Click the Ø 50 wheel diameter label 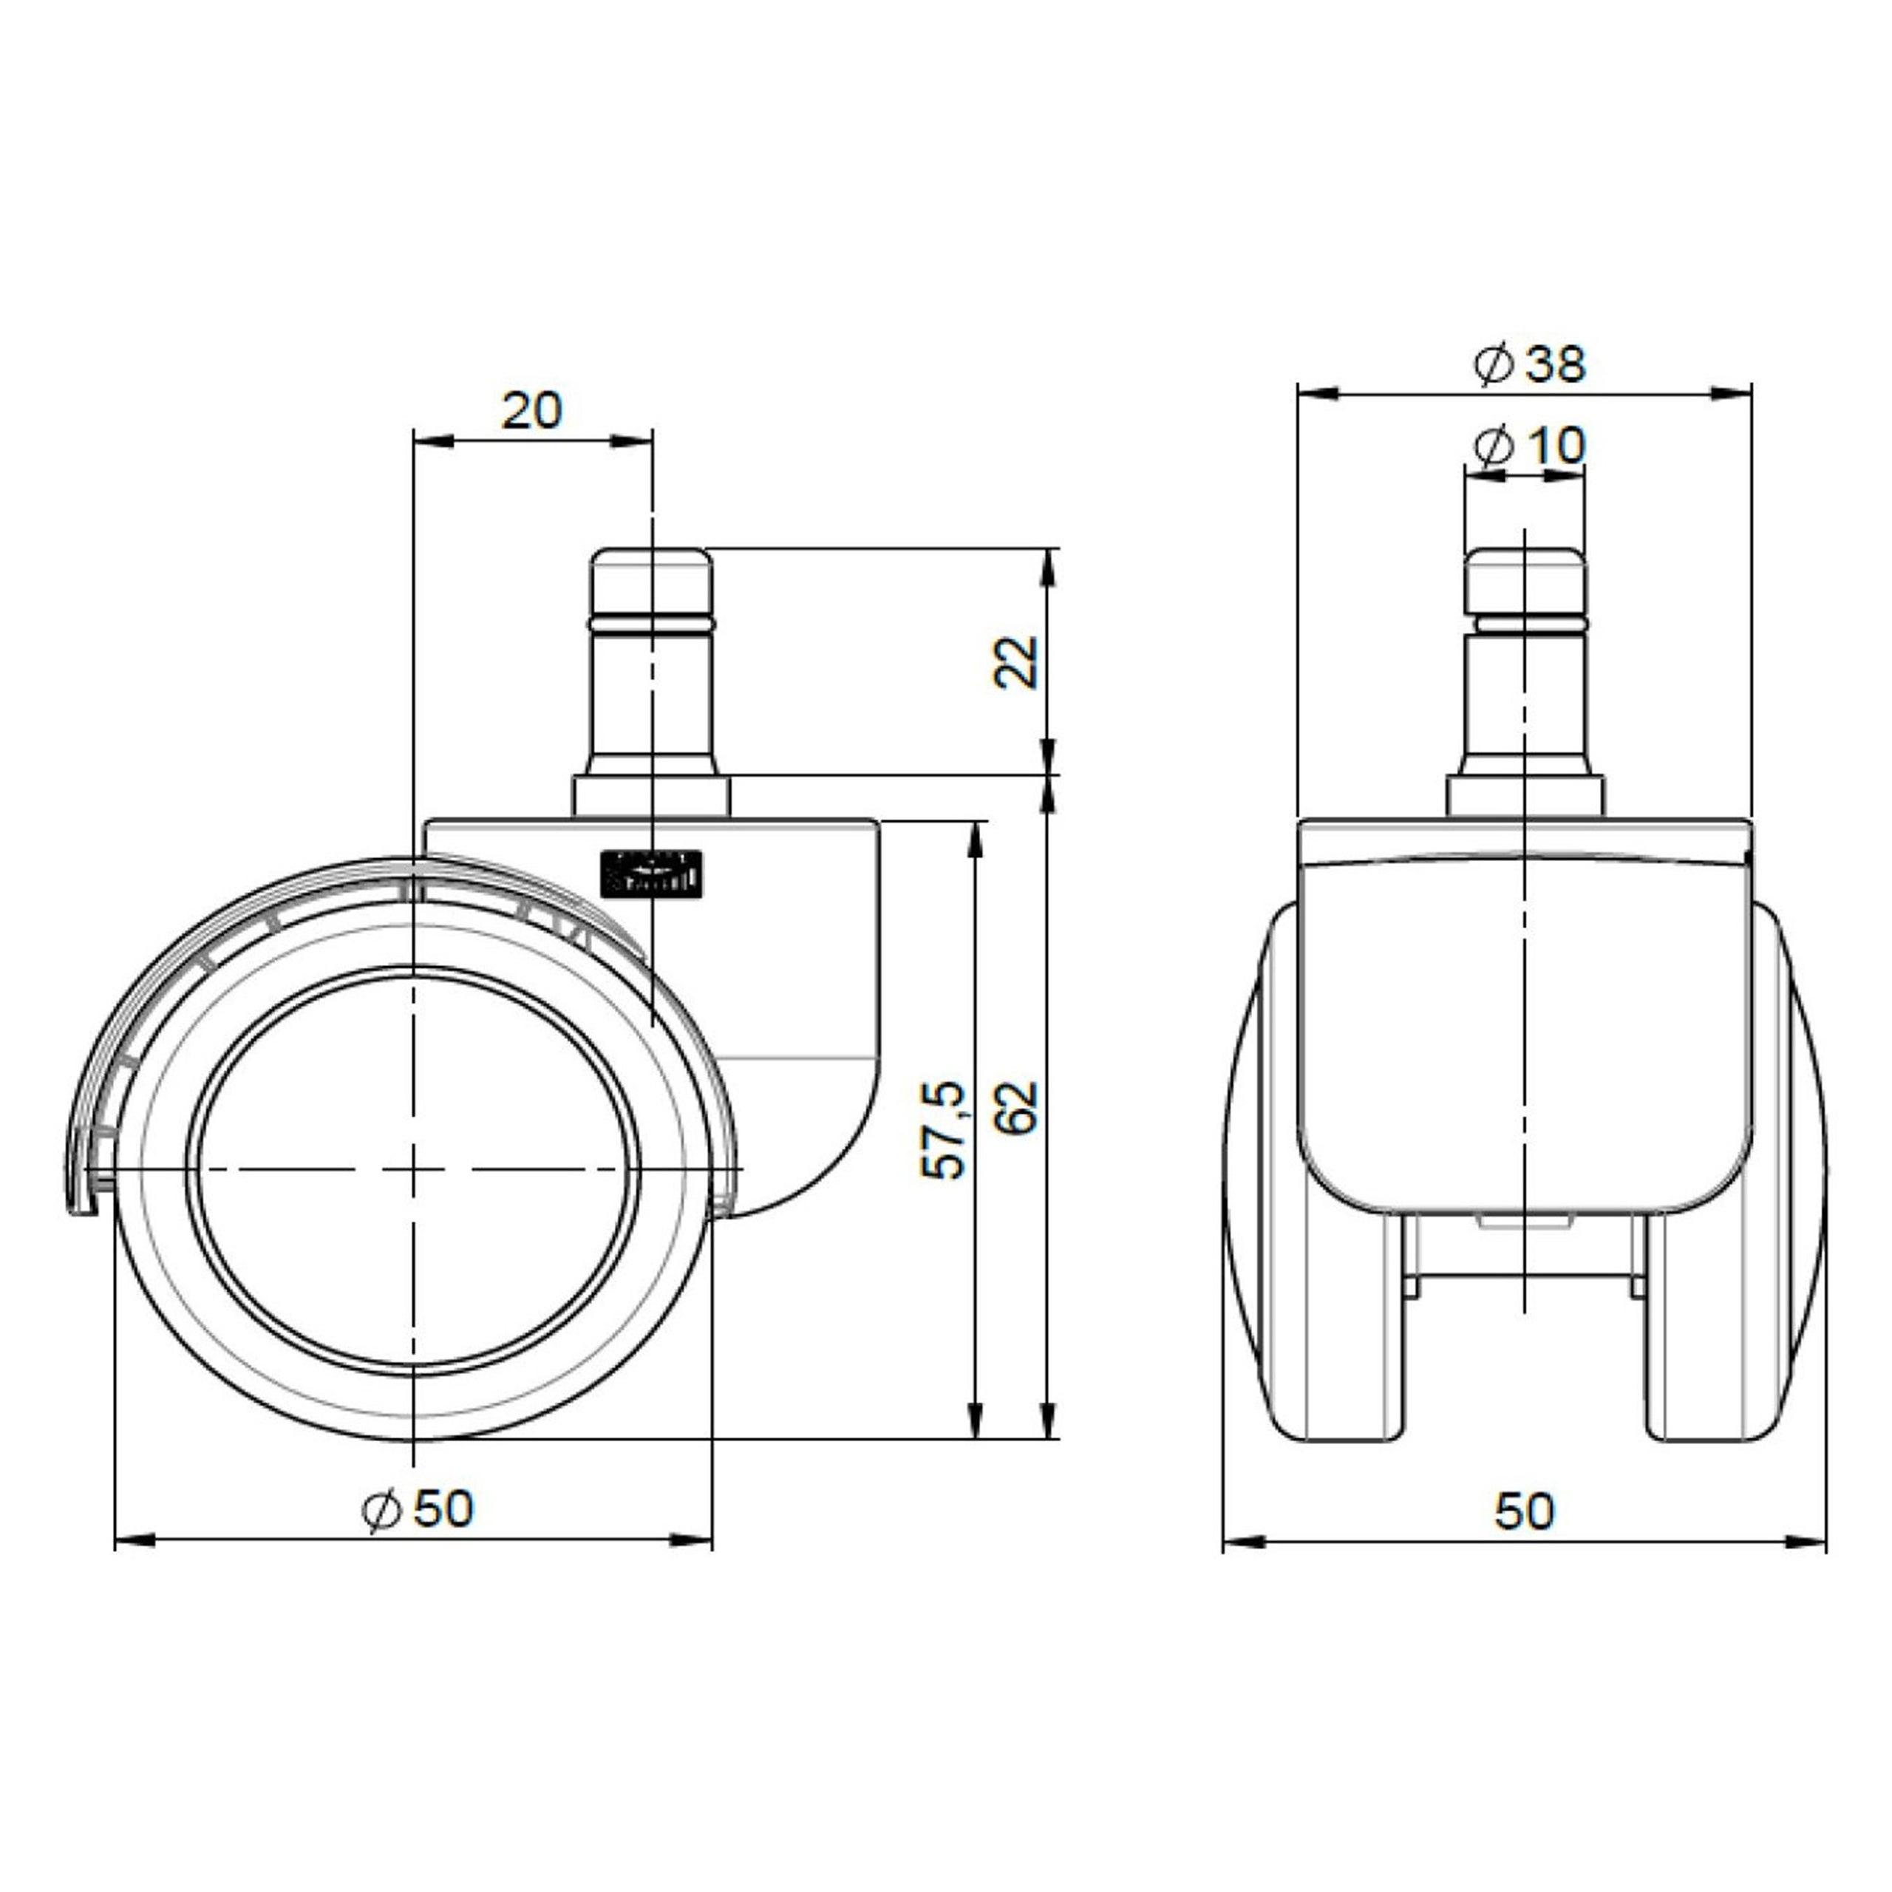point(418,1509)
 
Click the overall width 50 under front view point(1524,1511)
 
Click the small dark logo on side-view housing point(650,871)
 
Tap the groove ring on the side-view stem point(650,621)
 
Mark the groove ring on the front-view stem point(1524,621)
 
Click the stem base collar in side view point(650,796)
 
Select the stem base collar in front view point(1525,796)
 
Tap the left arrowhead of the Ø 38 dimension point(1317,392)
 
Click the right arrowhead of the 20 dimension point(632,440)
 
